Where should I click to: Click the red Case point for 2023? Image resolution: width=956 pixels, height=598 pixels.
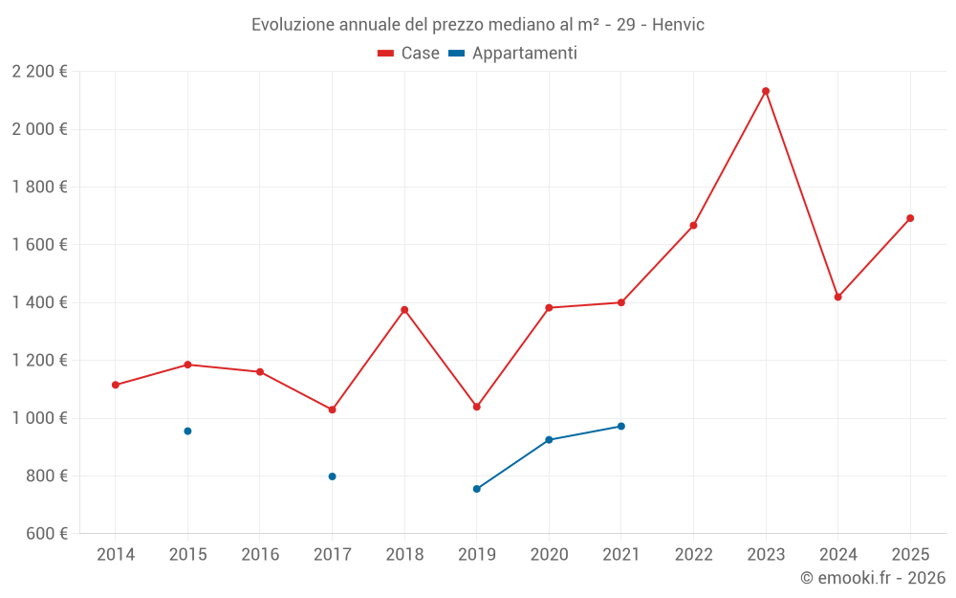click(x=766, y=91)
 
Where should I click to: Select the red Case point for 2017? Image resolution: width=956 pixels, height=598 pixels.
click(x=332, y=410)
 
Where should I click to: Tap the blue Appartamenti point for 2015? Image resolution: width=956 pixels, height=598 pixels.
click(x=187, y=432)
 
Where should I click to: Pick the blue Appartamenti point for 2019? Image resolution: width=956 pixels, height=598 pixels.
click(x=477, y=489)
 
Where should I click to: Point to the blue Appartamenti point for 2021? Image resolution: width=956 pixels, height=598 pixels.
click(x=621, y=427)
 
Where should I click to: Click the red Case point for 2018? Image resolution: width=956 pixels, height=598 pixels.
click(x=404, y=310)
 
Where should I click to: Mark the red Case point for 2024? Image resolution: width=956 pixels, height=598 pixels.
click(x=838, y=297)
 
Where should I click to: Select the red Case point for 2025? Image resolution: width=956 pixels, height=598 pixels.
click(x=910, y=218)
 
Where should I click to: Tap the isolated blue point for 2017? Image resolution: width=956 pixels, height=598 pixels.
click(x=332, y=476)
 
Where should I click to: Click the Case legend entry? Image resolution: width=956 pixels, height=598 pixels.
click(x=409, y=54)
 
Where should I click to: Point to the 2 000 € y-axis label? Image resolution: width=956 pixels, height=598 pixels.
click(x=39, y=129)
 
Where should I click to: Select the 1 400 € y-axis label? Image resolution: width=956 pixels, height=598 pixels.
click(x=39, y=302)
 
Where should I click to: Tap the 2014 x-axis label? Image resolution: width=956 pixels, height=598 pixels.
click(x=116, y=555)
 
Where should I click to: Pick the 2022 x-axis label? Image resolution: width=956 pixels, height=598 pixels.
click(x=693, y=555)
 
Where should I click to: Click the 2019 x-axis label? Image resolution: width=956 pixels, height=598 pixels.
click(x=477, y=555)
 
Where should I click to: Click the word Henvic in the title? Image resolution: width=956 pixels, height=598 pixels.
click(x=679, y=25)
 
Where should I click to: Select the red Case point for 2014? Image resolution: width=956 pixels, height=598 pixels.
click(x=116, y=385)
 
